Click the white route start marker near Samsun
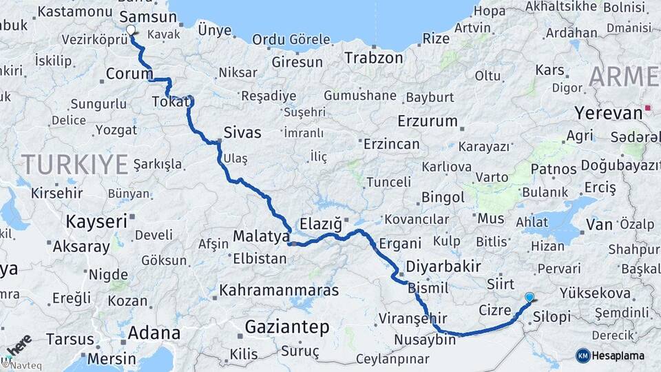point(131,30)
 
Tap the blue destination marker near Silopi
point(529,298)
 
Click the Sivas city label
point(242,132)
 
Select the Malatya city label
point(261,236)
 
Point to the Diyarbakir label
point(443,267)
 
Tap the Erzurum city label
point(427,121)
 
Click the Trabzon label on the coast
point(373,57)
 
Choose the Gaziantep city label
point(288,327)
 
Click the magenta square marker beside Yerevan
point(648,108)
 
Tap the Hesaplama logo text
point(618,355)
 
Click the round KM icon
point(583,355)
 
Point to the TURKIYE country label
point(74,164)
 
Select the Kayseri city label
point(96,222)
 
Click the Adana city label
point(154,334)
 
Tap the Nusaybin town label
point(426,340)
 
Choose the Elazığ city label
point(321,223)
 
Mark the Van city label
point(599,223)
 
